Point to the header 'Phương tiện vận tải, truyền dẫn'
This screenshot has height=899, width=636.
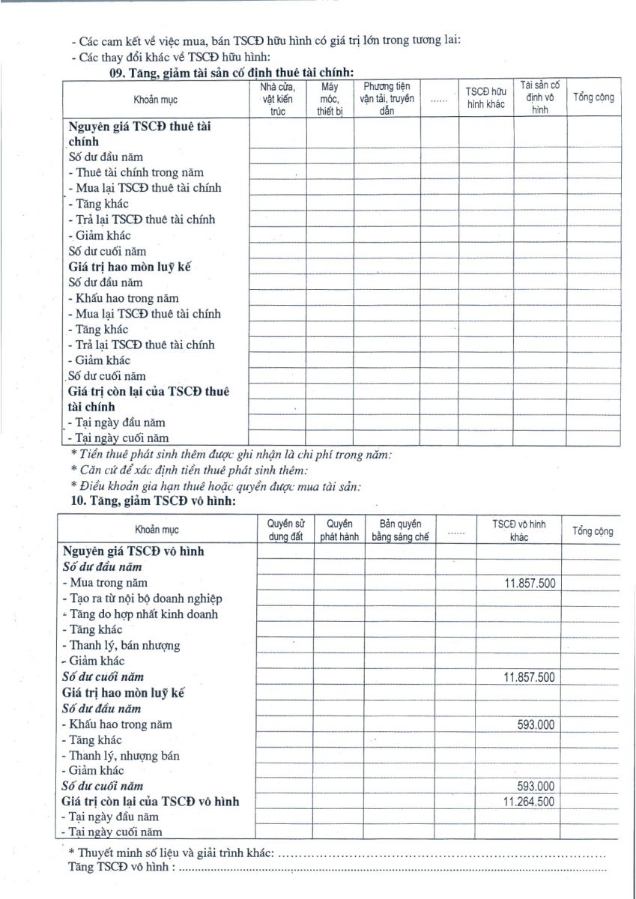coord(387,98)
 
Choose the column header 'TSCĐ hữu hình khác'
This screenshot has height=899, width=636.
coord(486,98)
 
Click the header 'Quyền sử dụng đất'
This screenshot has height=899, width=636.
coord(285,530)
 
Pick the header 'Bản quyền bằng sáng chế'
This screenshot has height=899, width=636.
coord(400,530)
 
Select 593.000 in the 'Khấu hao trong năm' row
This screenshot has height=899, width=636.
coord(536,724)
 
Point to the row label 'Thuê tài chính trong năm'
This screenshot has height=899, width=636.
coord(135,172)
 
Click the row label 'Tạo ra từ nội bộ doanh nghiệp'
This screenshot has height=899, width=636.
coord(142,598)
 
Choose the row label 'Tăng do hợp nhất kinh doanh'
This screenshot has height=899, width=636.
coord(140,614)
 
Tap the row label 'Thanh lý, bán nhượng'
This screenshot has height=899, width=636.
coord(121,645)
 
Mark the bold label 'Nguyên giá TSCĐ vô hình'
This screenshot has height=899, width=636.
coord(133,551)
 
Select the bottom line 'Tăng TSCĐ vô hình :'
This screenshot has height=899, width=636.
coord(121,868)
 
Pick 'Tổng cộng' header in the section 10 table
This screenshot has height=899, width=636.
coord(593,531)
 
